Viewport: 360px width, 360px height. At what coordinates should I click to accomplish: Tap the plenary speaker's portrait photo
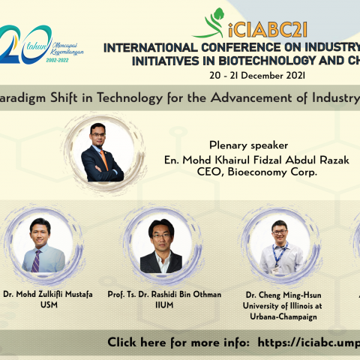[x=100, y=152]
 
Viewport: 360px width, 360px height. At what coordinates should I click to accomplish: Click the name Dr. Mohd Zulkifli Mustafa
[x=42, y=294]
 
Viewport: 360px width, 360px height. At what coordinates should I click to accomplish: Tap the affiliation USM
[x=42, y=305]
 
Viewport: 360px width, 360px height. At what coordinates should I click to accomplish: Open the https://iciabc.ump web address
[x=308, y=342]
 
